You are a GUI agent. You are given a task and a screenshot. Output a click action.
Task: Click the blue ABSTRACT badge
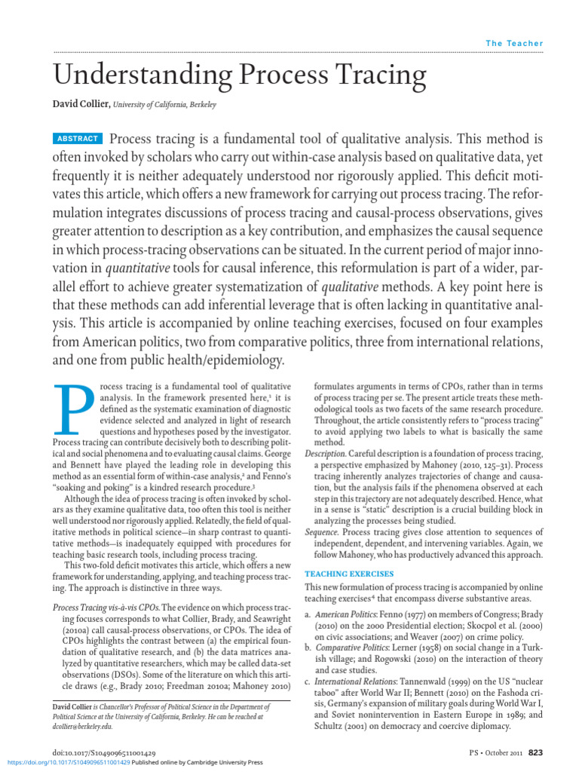(78, 139)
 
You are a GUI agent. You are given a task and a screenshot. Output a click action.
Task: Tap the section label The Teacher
(514, 44)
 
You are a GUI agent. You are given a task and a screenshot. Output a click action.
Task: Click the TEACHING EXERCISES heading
(348, 574)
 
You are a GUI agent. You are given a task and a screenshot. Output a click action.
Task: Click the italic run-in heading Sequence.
(322, 533)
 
